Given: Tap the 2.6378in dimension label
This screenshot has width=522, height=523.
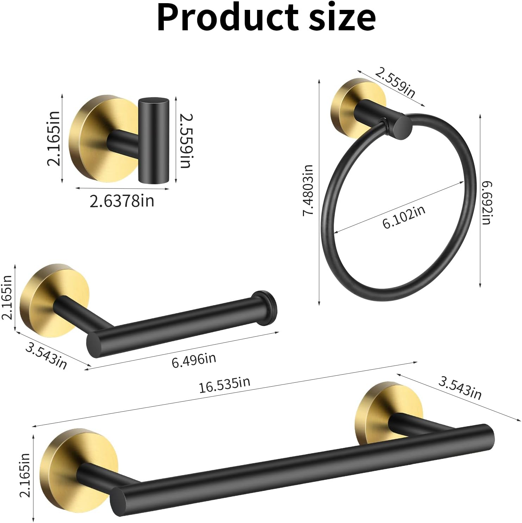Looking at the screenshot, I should tap(122, 201).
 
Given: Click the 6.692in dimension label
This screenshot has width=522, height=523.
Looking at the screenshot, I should tap(487, 203).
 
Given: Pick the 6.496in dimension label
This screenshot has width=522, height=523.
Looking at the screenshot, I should tap(194, 360).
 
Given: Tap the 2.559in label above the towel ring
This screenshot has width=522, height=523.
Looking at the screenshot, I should tap(395, 83).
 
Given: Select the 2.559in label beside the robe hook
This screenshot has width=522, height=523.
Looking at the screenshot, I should tap(185, 140).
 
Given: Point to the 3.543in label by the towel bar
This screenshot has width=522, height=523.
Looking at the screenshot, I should tap(460, 388).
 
